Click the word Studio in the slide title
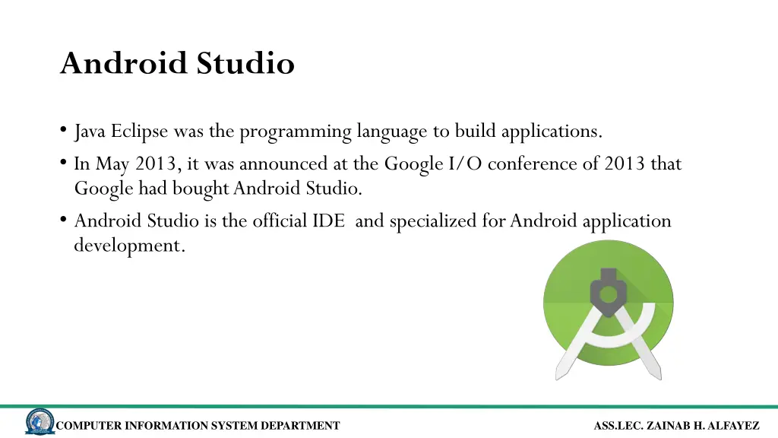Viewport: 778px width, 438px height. point(245,63)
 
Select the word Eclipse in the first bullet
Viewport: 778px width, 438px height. point(140,132)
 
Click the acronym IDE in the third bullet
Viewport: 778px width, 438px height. point(329,221)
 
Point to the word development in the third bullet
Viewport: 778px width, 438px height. point(129,246)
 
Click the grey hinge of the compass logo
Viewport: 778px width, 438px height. point(608,294)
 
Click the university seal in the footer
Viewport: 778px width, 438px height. point(40,423)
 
